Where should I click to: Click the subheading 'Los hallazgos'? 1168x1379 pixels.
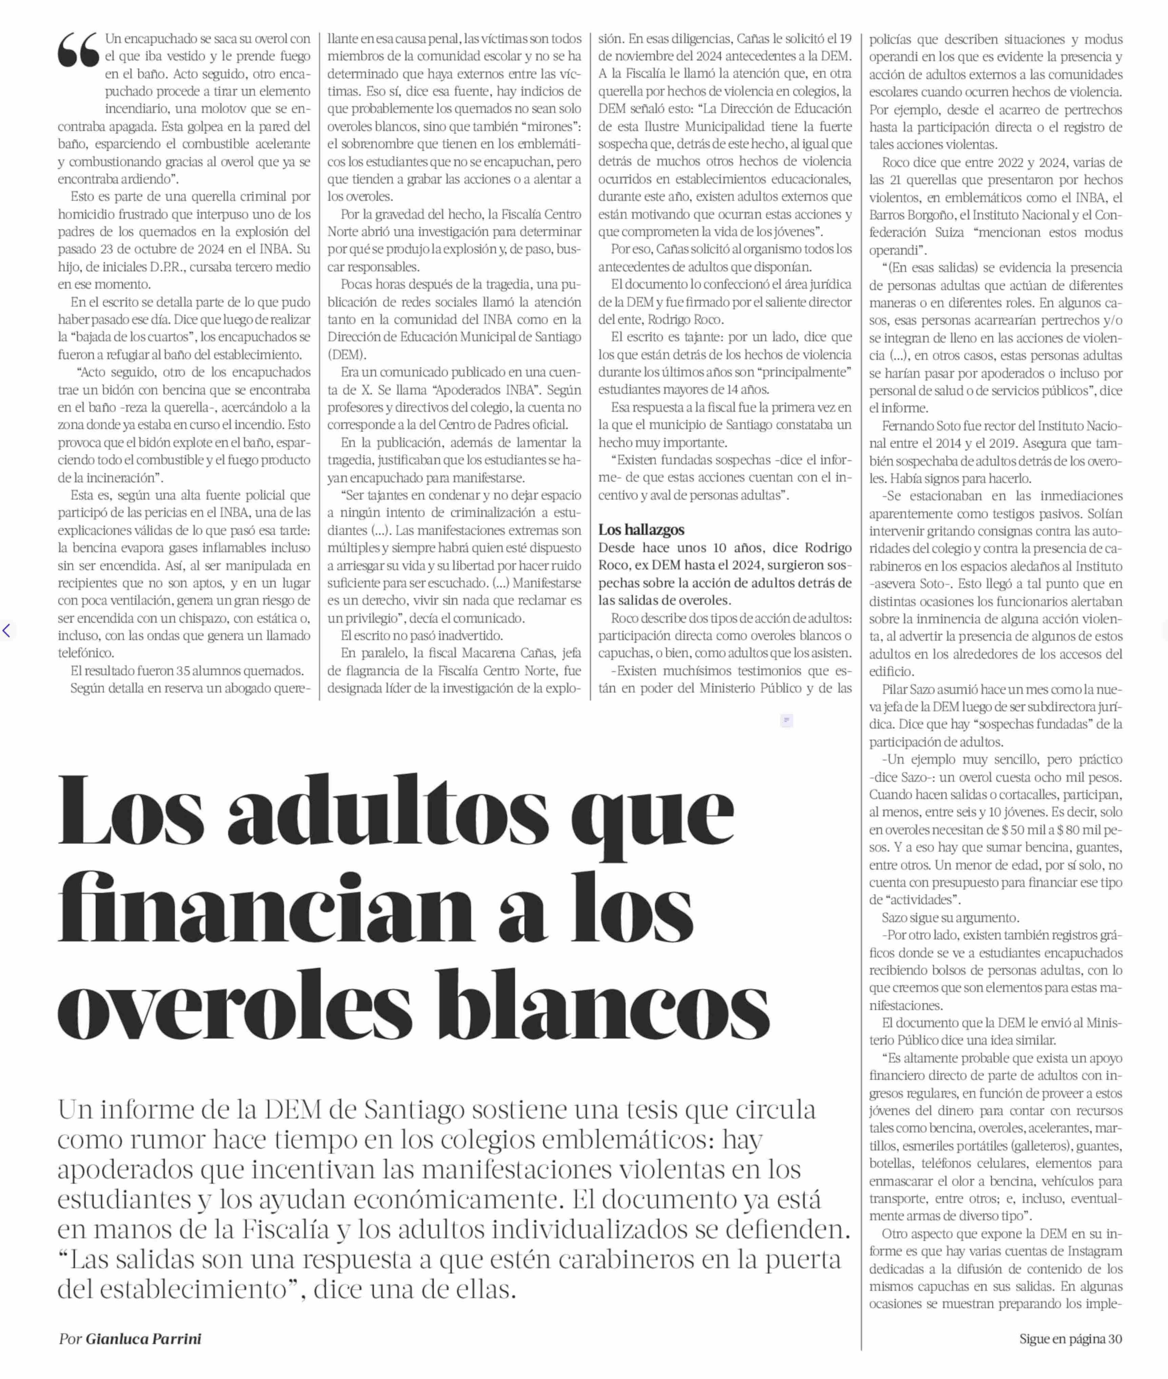pos(641,530)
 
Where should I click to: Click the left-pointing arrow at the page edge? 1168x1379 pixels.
pos(6,630)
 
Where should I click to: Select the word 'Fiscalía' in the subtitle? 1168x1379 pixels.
pos(285,1230)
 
